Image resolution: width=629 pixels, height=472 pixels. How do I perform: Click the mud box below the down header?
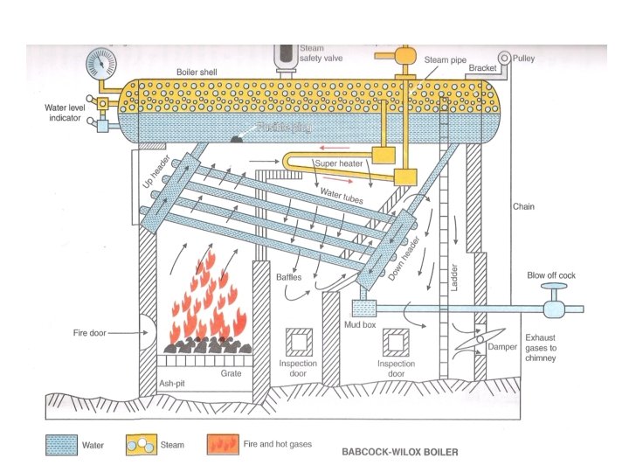[x=362, y=309]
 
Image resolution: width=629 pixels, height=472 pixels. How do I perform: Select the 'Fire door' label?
[x=90, y=333]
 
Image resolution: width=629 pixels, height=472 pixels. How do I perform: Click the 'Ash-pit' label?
[x=171, y=382]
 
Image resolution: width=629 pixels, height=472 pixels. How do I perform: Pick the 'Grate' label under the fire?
[x=232, y=373]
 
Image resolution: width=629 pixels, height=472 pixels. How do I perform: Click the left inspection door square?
[x=298, y=342]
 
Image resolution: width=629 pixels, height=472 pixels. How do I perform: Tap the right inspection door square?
[x=396, y=342]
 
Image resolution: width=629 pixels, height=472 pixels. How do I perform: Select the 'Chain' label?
[x=523, y=207]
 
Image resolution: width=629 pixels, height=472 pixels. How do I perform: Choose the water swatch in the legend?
[x=61, y=445]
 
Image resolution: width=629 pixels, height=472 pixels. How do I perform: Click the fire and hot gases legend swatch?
[x=222, y=445]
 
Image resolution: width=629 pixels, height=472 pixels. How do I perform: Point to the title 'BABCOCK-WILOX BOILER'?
[x=399, y=453]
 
